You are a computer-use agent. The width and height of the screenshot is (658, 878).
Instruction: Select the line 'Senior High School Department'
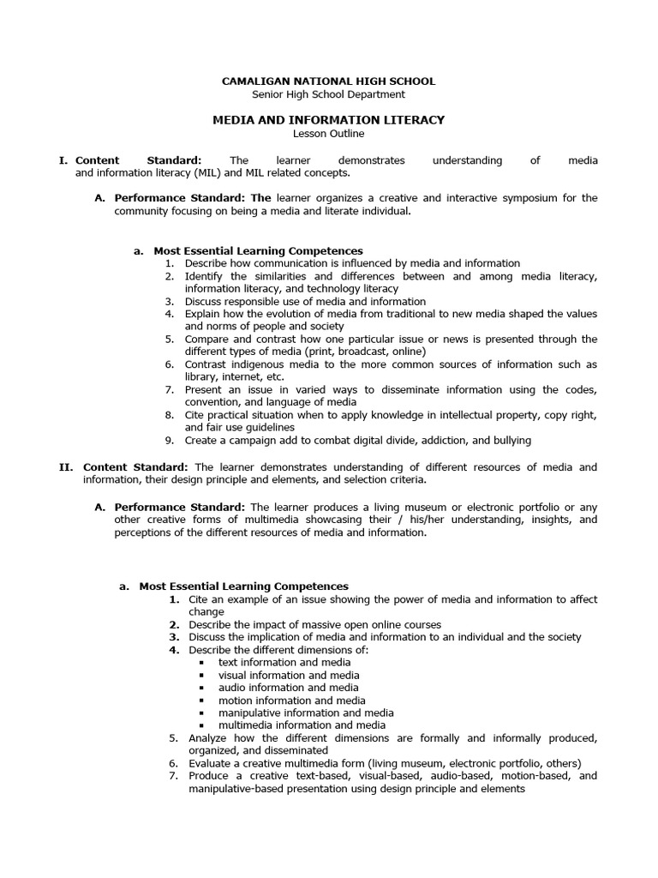pyautogui.click(x=328, y=94)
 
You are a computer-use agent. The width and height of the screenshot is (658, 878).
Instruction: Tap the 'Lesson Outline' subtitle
pyautogui.click(x=328, y=134)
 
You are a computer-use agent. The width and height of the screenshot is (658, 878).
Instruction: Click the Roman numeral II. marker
pyautogui.click(x=66, y=467)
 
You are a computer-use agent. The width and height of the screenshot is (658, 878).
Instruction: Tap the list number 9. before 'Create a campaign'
pyautogui.click(x=170, y=441)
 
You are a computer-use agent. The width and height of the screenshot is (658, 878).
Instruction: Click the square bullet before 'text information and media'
pyautogui.click(x=200, y=663)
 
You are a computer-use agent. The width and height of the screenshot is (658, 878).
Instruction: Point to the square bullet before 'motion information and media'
pyautogui.click(x=200, y=701)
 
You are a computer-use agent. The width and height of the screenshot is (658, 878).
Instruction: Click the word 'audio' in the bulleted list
pyautogui.click(x=233, y=688)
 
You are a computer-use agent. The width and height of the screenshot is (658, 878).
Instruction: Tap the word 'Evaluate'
pyautogui.click(x=212, y=763)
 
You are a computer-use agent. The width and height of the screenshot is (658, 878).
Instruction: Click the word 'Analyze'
pyautogui.click(x=210, y=738)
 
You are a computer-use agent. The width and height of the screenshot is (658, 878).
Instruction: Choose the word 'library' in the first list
pyautogui.click(x=202, y=377)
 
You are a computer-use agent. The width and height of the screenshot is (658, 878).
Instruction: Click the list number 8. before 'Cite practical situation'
pyautogui.click(x=170, y=415)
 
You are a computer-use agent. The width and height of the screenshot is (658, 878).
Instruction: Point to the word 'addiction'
pyautogui.click(x=438, y=441)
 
